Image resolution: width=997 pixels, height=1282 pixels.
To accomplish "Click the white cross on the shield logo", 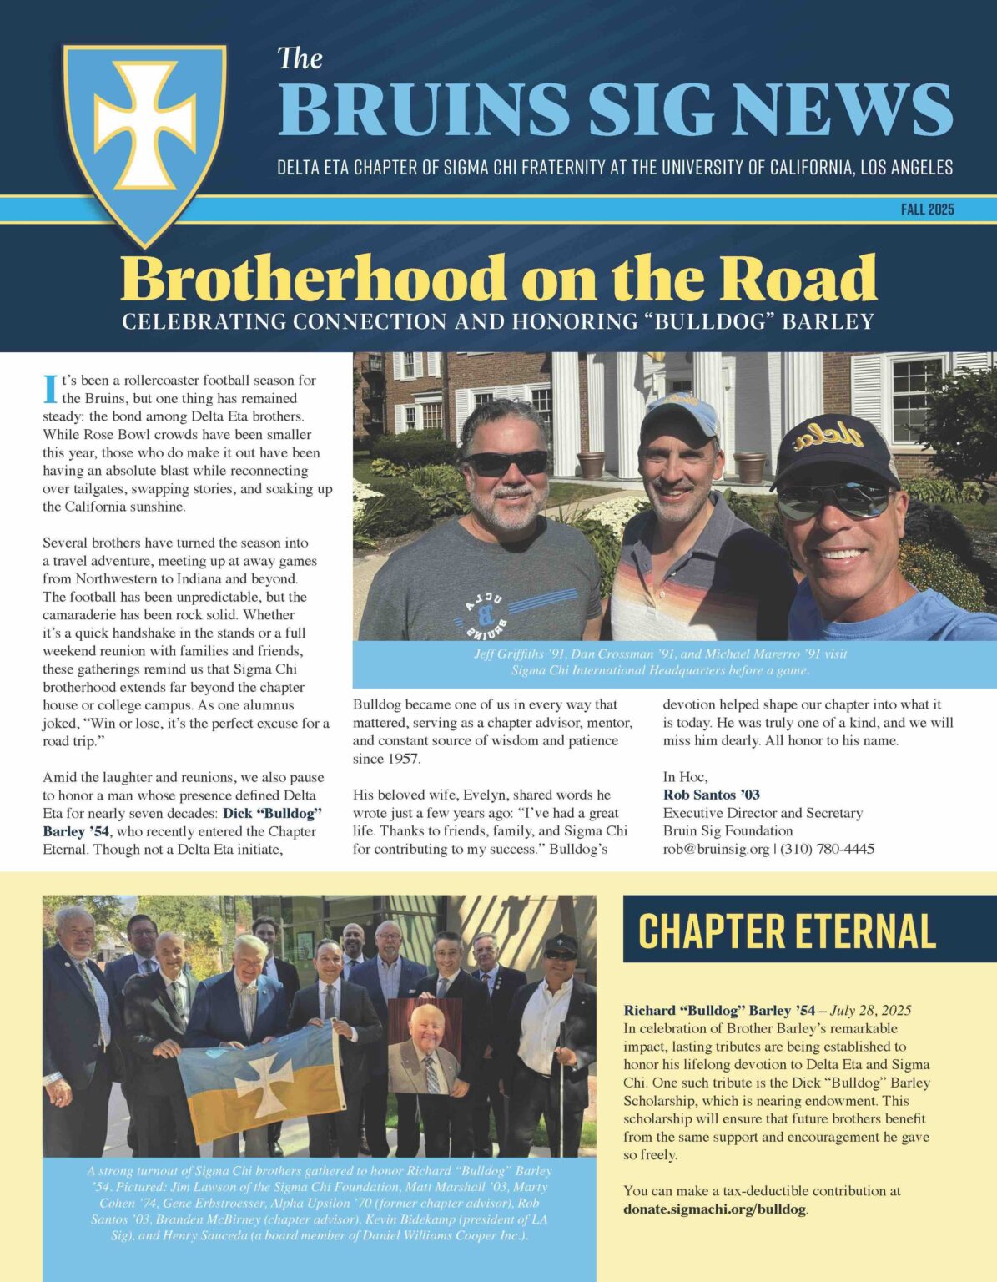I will pos(145,124).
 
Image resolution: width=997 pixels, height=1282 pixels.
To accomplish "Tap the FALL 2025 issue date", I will pos(927,209).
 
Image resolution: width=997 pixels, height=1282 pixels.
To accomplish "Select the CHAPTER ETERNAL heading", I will pos(787,931).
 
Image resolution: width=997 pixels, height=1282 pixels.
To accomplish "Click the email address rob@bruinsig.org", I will pos(716,849).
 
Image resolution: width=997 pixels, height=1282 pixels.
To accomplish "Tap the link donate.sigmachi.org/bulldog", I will pos(715,1209).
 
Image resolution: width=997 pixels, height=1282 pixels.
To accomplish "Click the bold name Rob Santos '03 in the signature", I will pos(711,795).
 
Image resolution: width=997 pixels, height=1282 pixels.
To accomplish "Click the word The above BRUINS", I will pos(300,58).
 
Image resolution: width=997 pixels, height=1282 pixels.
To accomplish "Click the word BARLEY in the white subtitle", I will pos(828,321).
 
